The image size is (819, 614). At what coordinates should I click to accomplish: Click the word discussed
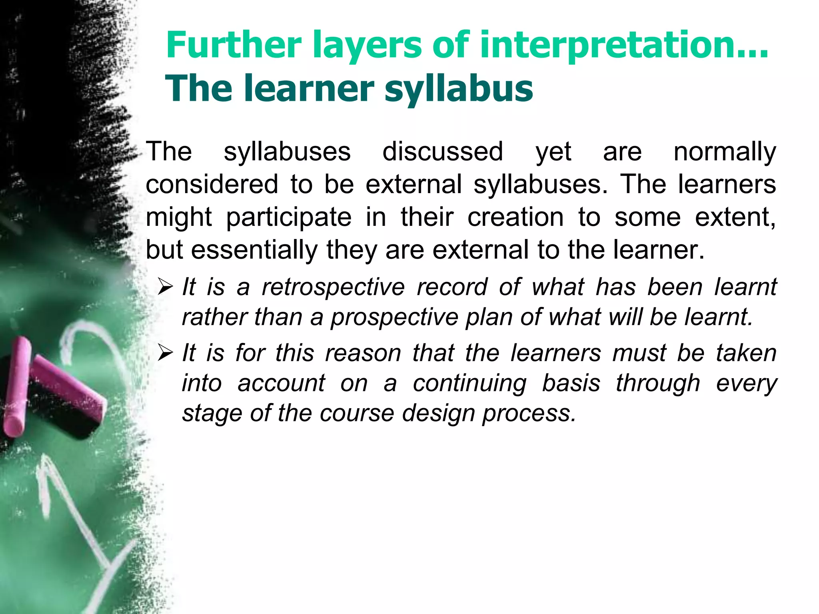coord(443,152)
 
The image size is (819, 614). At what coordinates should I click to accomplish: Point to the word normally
coord(725,152)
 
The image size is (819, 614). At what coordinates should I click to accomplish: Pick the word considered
coord(212,184)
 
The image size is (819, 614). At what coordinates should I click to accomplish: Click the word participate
coord(289,218)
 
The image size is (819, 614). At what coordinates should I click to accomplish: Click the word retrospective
coord(333,287)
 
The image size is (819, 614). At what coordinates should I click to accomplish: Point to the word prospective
coord(394,318)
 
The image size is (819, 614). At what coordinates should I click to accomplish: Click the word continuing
coord(469,384)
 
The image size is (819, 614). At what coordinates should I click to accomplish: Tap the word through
coord(658,384)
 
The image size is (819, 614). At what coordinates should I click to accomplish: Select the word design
coord(438,413)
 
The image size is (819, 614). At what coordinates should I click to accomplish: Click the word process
coord(529,414)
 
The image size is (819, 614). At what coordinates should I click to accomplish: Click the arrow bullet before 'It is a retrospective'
coord(165,287)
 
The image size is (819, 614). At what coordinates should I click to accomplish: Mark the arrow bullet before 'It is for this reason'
coord(165,353)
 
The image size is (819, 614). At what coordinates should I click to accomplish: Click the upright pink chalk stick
coord(17,386)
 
